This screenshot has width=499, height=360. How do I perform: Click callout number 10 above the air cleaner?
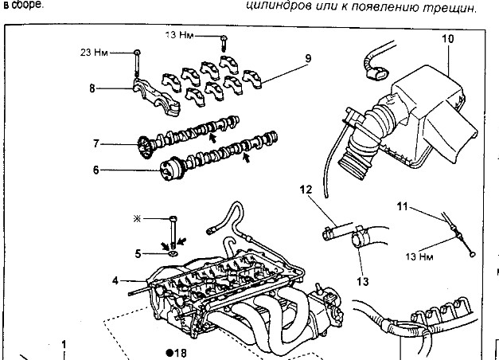tap(447, 39)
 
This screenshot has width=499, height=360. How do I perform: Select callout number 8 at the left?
tap(92, 88)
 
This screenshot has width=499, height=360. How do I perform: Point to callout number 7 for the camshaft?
tap(96, 143)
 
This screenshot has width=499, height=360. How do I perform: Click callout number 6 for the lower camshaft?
tap(96, 170)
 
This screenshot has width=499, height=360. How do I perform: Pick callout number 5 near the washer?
tap(138, 254)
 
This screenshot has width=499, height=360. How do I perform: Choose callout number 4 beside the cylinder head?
tap(116, 280)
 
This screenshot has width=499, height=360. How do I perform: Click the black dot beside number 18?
tap(170, 351)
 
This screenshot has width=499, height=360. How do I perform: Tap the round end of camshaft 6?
tap(168, 169)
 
